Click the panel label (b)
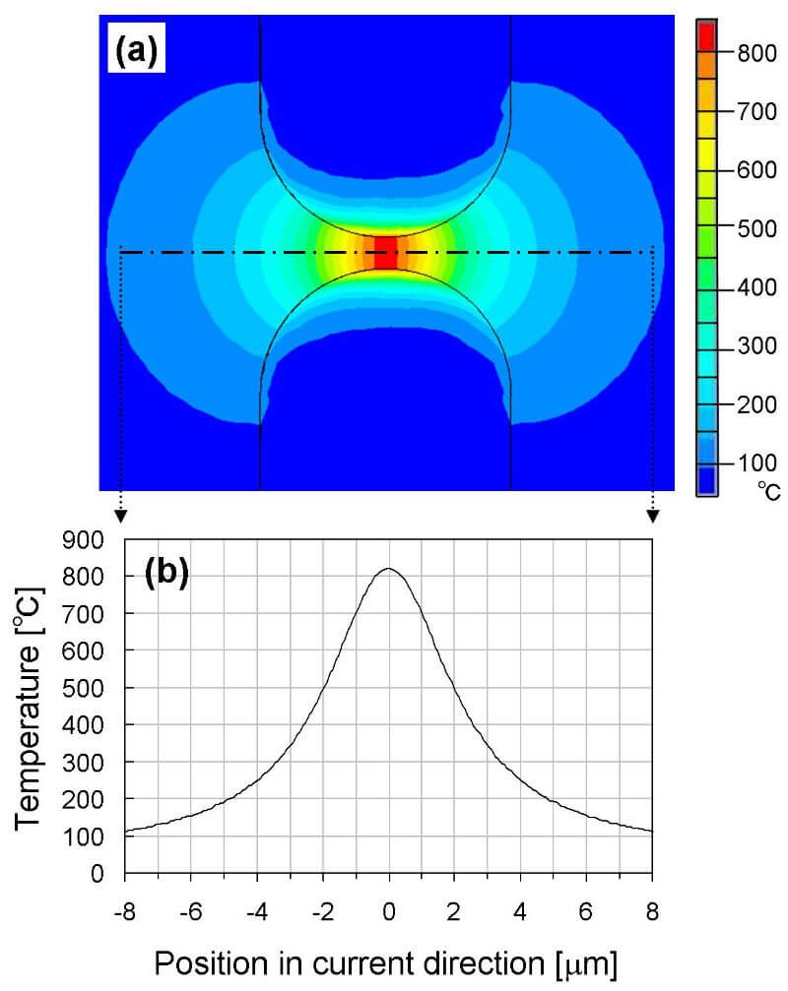[167, 574]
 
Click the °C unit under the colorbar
[768, 491]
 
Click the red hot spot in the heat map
[385, 252]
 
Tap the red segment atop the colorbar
[707, 34]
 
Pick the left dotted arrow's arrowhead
[120, 515]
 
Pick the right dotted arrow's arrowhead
[652, 515]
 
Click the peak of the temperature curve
[389, 569]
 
